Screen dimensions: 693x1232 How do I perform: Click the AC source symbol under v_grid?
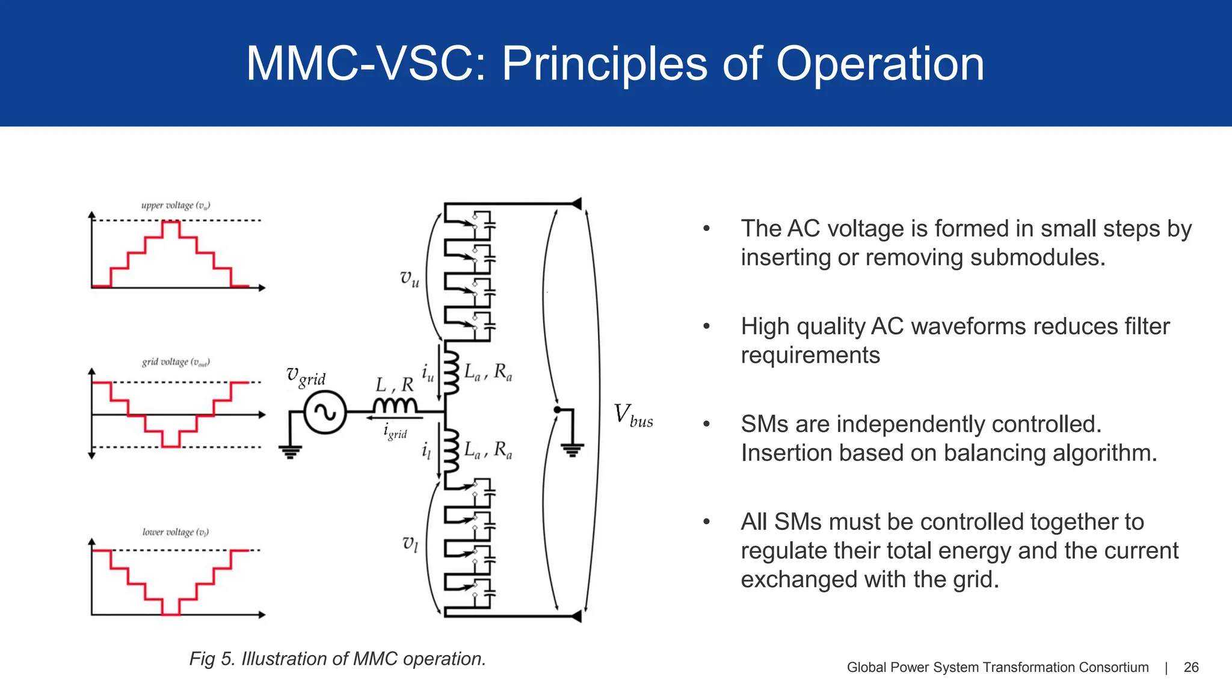click(325, 412)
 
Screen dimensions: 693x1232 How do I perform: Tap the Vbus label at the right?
click(633, 416)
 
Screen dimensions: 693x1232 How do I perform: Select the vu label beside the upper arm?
click(410, 279)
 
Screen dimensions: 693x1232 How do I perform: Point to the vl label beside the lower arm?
click(410, 544)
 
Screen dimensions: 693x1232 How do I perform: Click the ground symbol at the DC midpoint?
click(572, 449)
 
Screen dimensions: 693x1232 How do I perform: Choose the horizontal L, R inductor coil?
click(395, 405)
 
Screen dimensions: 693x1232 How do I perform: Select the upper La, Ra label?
click(488, 372)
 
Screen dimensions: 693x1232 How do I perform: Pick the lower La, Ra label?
click(488, 449)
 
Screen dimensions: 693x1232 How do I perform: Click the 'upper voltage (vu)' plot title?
click(176, 206)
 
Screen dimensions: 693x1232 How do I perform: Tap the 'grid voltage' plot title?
click(176, 362)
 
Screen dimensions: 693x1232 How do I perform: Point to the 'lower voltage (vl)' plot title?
click(176, 532)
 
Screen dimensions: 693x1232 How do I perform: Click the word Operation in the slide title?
click(880, 64)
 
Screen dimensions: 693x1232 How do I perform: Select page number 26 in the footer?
click(1191, 667)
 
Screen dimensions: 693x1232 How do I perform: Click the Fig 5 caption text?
click(337, 659)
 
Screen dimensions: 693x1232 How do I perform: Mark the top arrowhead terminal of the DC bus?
click(576, 203)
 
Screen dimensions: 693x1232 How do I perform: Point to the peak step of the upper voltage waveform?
click(171, 222)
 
